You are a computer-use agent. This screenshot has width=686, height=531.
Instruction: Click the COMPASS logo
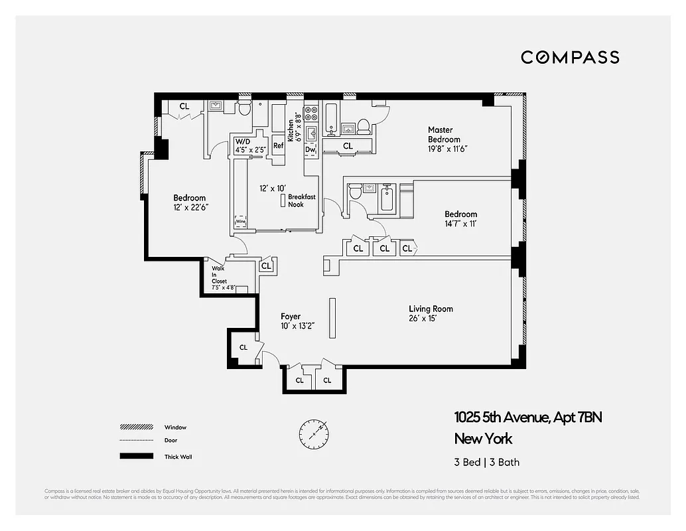pos(569,57)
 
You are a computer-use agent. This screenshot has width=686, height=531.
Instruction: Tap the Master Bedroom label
pos(444,135)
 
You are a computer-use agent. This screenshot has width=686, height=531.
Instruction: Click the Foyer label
pos(291,317)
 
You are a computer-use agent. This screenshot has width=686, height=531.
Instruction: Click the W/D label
pos(243,141)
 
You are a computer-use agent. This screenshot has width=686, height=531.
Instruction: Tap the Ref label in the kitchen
pos(278,146)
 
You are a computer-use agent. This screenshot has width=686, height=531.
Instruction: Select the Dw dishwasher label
pos(310,150)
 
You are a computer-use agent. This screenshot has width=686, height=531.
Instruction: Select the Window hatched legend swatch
pos(133,427)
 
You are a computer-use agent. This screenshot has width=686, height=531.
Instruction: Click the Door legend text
pos(171,440)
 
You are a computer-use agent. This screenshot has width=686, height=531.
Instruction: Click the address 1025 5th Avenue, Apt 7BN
pos(527,417)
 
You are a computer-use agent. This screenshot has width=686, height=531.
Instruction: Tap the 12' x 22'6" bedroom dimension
pos(189,207)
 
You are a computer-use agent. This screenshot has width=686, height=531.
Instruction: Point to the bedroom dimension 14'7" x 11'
pos(460,224)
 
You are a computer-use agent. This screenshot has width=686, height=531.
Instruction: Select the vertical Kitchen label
pos(291,124)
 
